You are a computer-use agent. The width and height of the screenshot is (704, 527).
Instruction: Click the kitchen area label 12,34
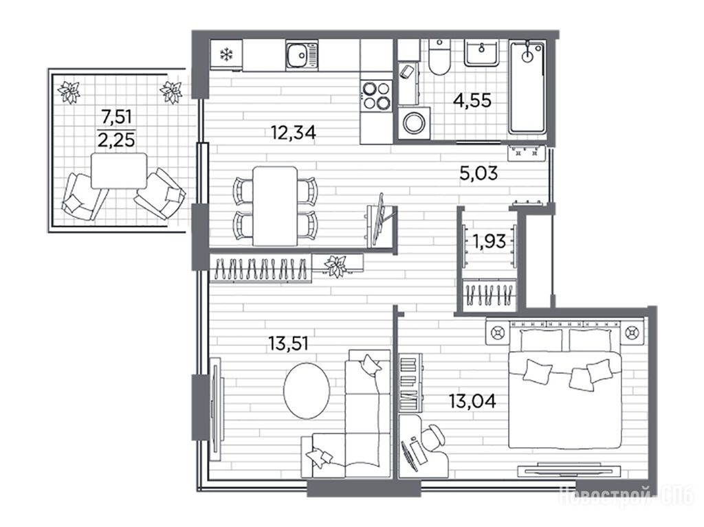click(293, 133)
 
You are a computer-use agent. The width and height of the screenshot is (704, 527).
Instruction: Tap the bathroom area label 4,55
click(472, 100)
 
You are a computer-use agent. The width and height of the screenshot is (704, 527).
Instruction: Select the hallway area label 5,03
click(478, 173)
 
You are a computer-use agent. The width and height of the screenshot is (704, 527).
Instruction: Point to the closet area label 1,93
click(489, 242)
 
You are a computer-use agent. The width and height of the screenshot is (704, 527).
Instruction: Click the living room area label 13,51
click(288, 344)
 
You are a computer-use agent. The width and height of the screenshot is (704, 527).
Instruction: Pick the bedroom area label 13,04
click(472, 401)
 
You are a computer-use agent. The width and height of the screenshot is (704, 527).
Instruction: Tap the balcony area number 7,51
click(116, 117)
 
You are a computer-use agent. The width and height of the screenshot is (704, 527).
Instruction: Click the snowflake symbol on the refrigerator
click(226, 55)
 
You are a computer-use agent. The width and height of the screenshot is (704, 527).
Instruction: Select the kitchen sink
click(301, 55)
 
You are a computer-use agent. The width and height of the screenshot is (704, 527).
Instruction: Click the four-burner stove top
click(376, 96)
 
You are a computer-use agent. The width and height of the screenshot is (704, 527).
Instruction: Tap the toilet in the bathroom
click(439, 57)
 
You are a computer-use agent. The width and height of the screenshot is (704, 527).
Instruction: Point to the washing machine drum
click(413, 122)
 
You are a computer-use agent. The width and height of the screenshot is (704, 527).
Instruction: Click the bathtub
click(527, 87)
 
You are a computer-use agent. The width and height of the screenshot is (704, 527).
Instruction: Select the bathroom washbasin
click(481, 54)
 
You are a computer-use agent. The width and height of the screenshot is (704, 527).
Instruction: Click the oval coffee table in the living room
click(307, 390)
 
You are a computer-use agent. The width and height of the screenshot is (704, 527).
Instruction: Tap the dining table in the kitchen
click(275, 206)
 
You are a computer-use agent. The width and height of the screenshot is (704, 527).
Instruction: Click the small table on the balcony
click(119, 170)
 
